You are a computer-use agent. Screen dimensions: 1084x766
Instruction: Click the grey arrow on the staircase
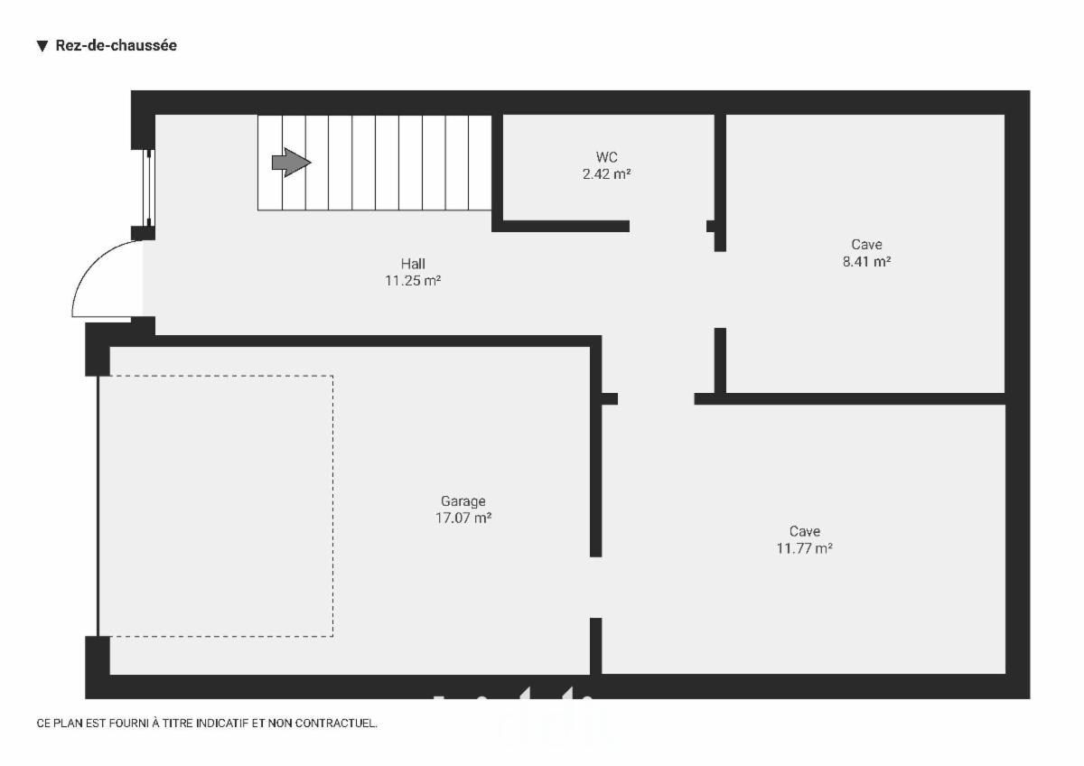pos(291,163)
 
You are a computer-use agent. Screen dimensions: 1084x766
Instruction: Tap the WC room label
pos(606,157)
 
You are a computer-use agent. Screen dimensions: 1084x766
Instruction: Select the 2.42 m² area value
pos(606,174)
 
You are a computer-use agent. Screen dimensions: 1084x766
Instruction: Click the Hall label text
pos(413,264)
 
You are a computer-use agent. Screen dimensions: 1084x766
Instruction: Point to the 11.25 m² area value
pos(413,281)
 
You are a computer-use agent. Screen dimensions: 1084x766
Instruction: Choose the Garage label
pos(463,500)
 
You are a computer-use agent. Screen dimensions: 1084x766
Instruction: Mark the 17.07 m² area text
pos(463,518)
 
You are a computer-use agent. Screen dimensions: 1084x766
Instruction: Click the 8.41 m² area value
pos(866,261)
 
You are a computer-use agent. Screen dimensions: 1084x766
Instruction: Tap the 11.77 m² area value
pos(805,548)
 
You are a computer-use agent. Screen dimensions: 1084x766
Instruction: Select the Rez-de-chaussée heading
pos(117,45)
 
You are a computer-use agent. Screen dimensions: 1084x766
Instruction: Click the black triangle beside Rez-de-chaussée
pos(42,46)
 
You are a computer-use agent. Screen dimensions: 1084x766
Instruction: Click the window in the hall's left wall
pos(148,188)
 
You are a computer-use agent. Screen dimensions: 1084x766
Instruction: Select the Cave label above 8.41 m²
pos(866,245)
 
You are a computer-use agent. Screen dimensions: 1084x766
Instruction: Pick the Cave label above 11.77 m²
pos(805,531)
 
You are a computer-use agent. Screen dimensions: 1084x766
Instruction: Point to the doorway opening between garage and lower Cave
pos(595,587)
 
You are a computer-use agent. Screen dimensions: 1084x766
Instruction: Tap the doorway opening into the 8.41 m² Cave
pos(720,290)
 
